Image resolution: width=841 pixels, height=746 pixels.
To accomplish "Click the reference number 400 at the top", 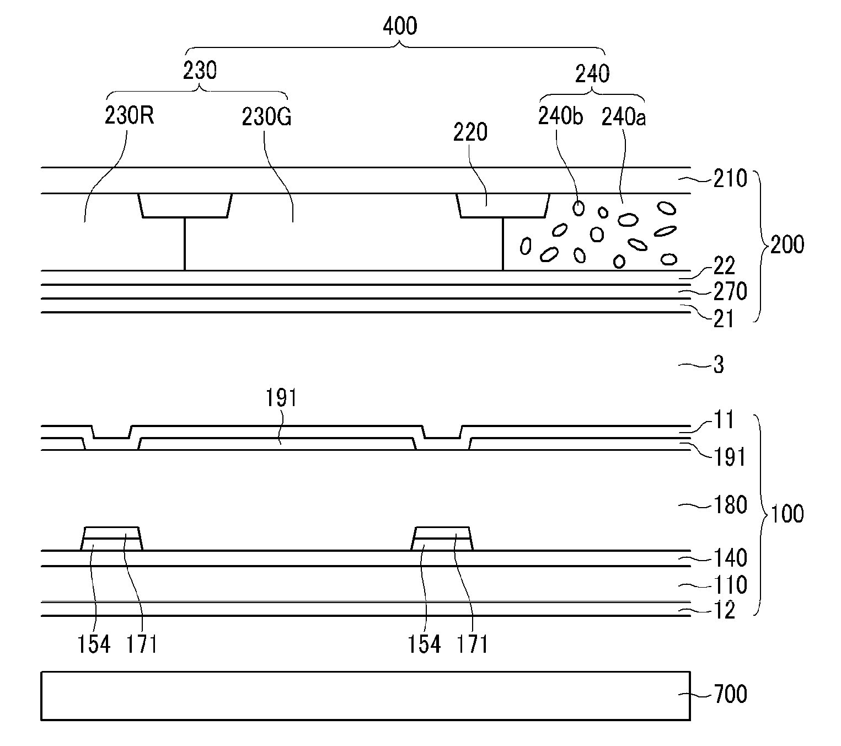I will click(400, 26).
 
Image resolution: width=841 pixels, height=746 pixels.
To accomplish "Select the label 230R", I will click(129, 116).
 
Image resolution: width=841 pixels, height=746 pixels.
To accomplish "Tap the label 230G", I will click(266, 116).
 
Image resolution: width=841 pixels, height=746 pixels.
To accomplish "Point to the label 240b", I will click(560, 116).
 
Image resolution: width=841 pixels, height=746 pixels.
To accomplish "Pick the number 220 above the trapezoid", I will click(470, 132).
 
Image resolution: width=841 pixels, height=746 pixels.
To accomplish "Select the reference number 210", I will click(730, 179).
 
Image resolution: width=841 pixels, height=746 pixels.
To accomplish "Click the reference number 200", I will click(787, 244).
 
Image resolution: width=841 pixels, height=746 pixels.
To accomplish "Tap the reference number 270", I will click(730, 291).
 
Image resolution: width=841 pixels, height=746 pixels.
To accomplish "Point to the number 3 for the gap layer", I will click(719, 365).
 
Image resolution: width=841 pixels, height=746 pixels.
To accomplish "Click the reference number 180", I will click(730, 505).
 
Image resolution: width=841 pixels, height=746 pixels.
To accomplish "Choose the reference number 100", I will click(787, 514).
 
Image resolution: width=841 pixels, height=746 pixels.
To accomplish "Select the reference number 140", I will click(730, 558).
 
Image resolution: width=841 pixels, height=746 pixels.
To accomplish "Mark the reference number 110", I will click(730, 584).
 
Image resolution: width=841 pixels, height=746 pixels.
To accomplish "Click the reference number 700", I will click(730, 694).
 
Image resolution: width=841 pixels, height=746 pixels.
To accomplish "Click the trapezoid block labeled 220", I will click(503, 205).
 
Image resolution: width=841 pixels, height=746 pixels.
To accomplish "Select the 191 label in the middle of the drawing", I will click(282, 398).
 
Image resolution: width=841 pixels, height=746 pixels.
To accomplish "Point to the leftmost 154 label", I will click(94, 644).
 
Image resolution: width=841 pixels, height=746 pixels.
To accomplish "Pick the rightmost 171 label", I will click(473, 644).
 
